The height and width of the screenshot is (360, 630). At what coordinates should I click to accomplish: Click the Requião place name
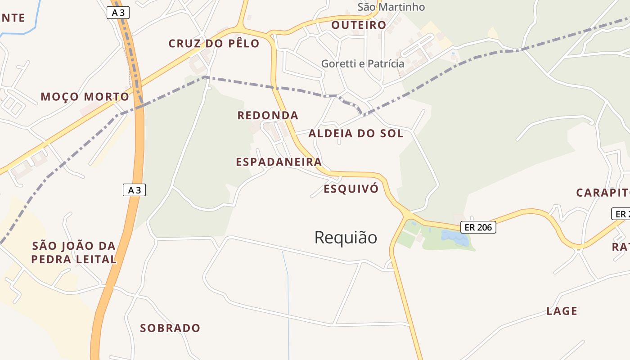coord(346,237)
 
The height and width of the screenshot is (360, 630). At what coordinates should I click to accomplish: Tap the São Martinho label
coord(391,7)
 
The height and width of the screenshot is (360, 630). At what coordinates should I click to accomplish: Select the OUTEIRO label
coord(359,25)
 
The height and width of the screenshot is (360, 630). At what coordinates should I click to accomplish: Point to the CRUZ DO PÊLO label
coord(214,44)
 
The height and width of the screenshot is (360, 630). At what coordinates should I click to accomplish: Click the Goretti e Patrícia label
coord(363,63)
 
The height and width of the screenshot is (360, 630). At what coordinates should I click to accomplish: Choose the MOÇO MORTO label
coord(85,97)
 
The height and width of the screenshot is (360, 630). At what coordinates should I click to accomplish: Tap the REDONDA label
coord(268,116)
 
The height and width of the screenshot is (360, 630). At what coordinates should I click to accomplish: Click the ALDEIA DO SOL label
coord(355,133)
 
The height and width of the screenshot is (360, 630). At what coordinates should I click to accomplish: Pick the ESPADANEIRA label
coord(279,162)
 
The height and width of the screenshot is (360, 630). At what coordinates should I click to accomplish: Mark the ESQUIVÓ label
coord(351,189)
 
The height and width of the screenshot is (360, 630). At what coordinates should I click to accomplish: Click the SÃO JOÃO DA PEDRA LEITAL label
coord(74,252)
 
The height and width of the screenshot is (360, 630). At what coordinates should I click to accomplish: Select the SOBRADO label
coord(170,328)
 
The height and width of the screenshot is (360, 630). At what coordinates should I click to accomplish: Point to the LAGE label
coord(562,311)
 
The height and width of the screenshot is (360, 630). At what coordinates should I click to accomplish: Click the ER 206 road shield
coord(478,227)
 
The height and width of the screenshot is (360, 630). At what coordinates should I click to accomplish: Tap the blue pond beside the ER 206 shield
coord(454,237)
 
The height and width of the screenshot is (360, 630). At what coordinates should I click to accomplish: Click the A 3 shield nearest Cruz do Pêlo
coord(118,13)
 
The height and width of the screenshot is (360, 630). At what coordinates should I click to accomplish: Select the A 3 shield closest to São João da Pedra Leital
coord(134,190)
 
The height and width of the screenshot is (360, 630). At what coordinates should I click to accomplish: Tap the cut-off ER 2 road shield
coord(621,214)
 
